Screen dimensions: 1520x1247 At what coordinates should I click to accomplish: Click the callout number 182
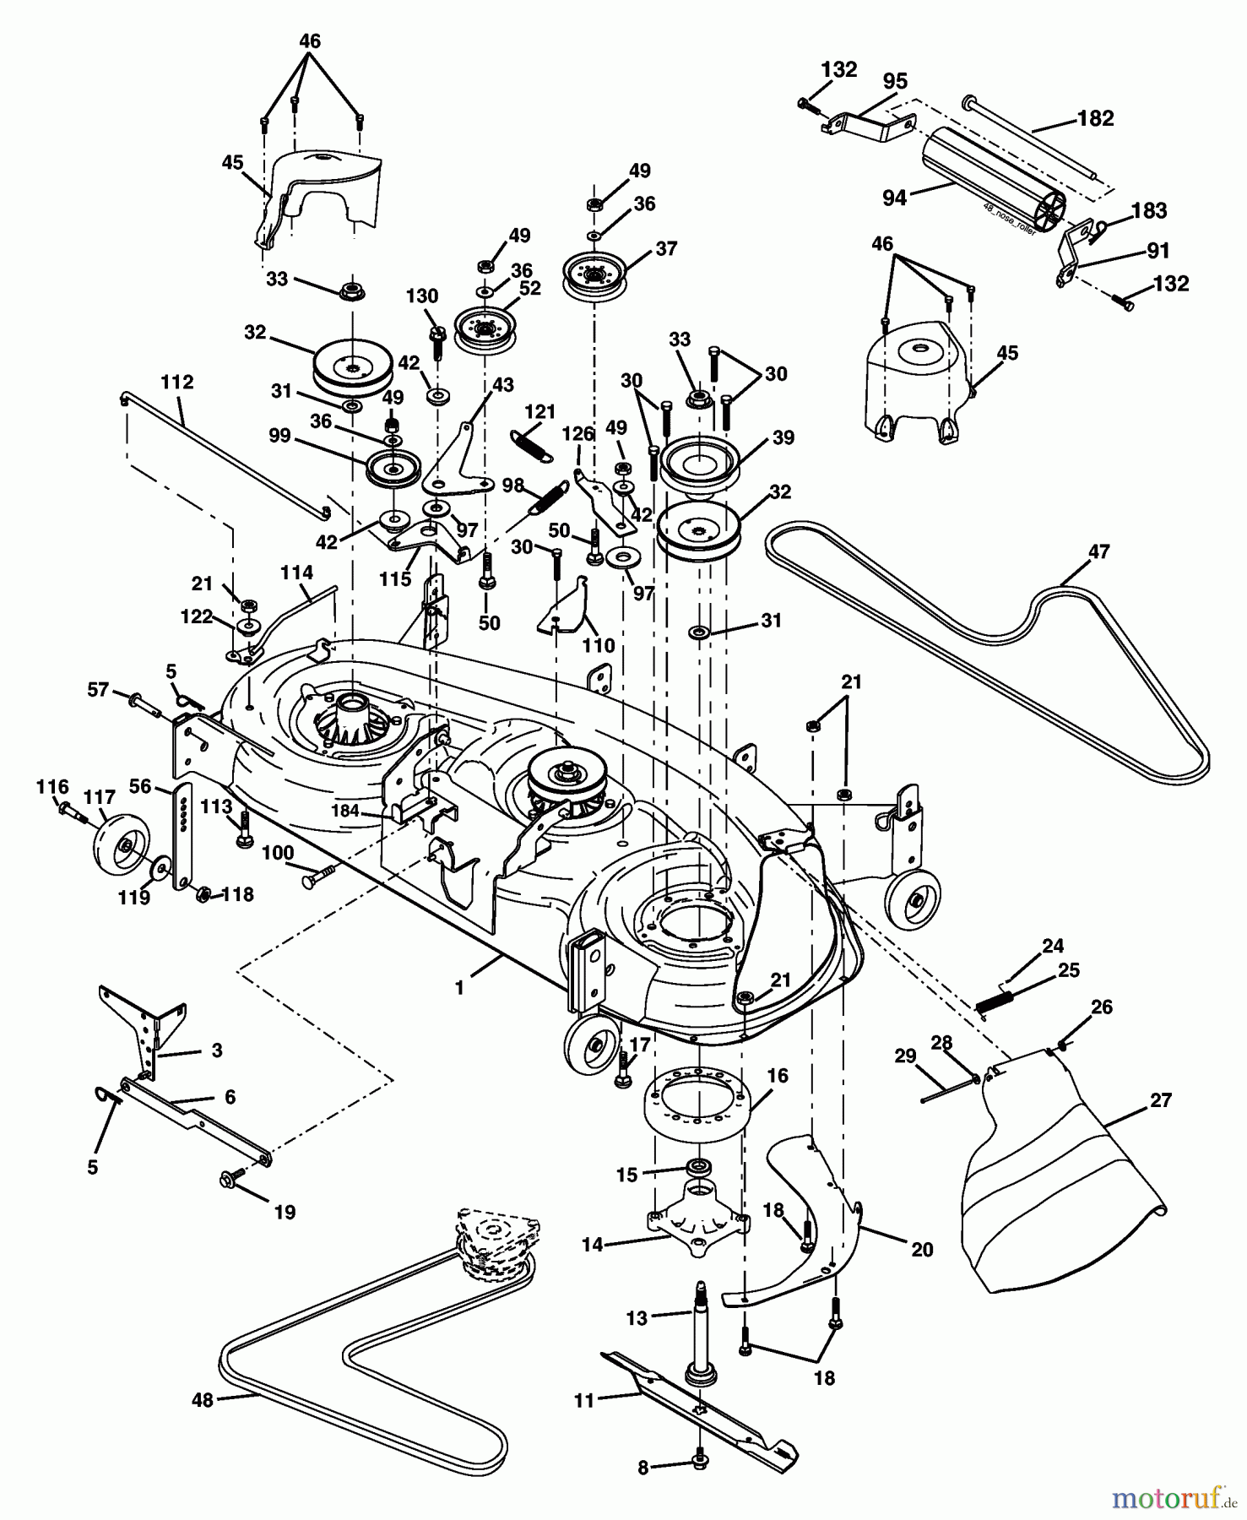pos(1095,118)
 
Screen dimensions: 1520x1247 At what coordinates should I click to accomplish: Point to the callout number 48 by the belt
pos(203,1400)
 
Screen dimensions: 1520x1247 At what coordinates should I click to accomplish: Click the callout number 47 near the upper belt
pos(1098,551)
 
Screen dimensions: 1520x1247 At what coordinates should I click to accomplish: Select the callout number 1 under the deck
pos(459,987)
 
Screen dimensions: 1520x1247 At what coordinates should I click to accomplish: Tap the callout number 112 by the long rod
pos(176,383)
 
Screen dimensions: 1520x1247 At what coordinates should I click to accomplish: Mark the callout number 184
pos(345,811)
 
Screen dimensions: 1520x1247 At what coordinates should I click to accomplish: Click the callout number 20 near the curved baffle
pos(922,1248)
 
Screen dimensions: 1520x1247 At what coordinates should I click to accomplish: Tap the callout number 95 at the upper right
pos(894,81)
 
